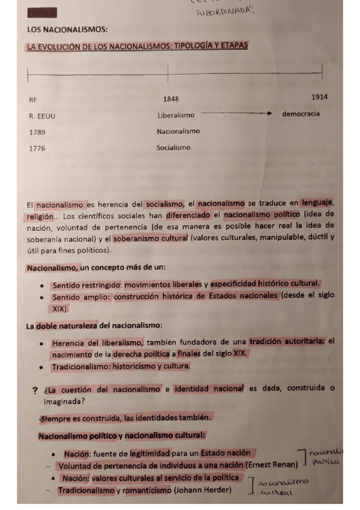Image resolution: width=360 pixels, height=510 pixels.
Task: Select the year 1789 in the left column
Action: click(37, 132)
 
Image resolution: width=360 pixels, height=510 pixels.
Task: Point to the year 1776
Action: click(37, 148)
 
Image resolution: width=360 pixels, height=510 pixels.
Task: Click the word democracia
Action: click(301, 114)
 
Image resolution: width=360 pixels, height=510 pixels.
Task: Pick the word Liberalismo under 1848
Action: click(176, 115)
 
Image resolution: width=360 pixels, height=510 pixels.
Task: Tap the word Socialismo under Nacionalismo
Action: click(173, 147)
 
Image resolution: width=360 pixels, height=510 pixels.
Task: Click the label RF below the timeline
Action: click(32, 100)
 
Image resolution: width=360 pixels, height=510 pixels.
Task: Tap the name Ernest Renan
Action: click(272, 465)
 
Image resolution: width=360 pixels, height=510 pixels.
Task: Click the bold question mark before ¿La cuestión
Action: click(35, 390)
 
